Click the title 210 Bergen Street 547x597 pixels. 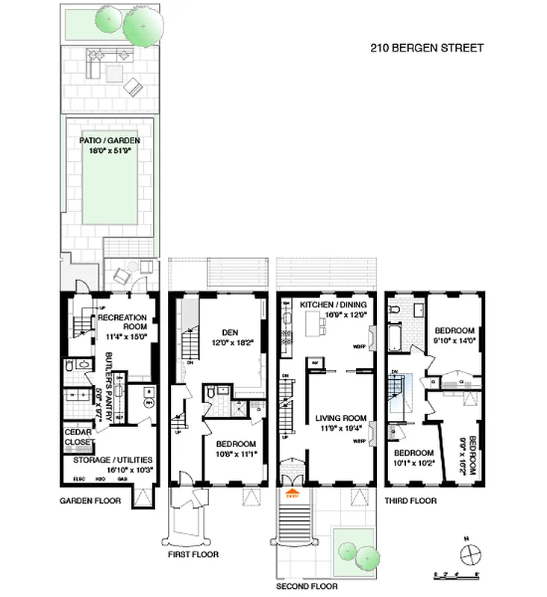click(427, 49)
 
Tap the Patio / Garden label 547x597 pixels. click(110, 140)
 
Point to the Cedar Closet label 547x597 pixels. click(78, 437)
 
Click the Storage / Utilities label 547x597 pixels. click(108, 460)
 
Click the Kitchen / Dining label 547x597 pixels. click(334, 305)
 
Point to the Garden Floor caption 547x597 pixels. click(90, 501)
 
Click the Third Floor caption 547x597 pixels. click(410, 501)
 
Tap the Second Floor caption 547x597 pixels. click(306, 587)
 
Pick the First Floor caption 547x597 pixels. click(193, 554)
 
